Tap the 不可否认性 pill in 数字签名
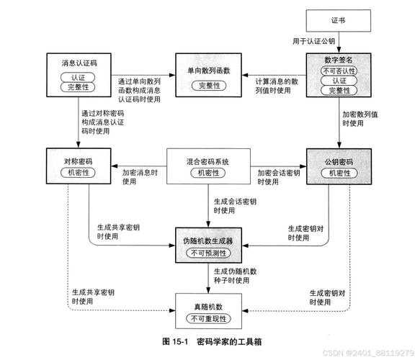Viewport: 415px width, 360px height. [338, 71]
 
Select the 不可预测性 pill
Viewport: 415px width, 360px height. [207, 253]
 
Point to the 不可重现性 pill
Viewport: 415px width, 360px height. [207, 319]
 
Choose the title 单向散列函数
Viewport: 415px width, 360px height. [207, 71]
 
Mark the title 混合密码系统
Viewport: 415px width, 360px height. [207, 161]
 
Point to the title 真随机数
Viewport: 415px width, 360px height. [207, 307]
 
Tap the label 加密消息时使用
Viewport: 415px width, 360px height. [140, 177]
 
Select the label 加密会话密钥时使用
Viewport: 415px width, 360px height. [278, 177]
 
